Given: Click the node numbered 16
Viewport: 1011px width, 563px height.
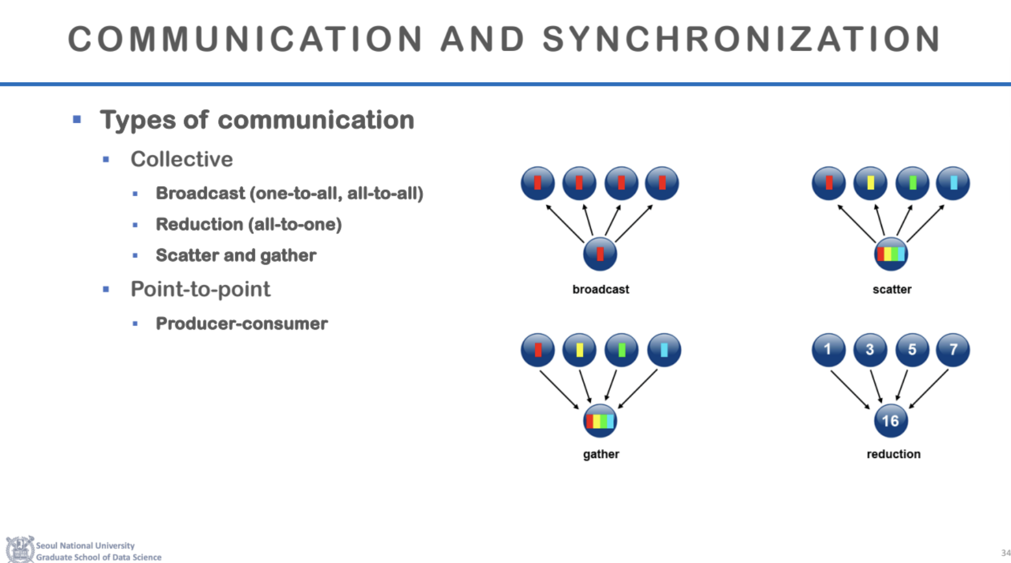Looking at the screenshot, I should click(x=890, y=420).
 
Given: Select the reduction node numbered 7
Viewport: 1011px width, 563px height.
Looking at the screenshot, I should click(x=953, y=350).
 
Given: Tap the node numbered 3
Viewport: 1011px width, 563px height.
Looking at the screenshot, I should click(x=870, y=350).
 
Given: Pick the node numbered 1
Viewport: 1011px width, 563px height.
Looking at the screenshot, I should click(x=828, y=350).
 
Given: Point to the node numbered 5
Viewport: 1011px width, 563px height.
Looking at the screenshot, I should click(x=912, y=350).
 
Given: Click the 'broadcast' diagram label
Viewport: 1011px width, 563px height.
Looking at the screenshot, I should click(x=601, y=289).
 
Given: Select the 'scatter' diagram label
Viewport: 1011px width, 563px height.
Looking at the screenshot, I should click(x=891, y=289).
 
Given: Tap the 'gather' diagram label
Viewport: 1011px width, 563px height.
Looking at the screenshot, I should click(x=601, y=454).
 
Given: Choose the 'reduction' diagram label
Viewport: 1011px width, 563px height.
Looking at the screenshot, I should click(x=893, y=454).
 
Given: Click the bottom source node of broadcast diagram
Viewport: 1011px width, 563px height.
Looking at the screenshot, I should click(x=600, y=254).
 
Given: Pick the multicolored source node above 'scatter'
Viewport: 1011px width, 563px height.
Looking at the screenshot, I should click(x=891, y=254).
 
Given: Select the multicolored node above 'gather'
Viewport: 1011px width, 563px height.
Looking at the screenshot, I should click(x=600, y=420).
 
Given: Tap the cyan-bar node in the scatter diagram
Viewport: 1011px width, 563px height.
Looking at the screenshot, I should click(x=953, y=183).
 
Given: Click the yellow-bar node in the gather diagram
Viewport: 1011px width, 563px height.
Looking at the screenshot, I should click(x=579, y=350).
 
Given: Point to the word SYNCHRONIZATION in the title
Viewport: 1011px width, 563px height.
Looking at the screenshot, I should click(x=741, y=39).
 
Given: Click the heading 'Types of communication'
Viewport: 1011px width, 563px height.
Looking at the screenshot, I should click(x=257, y=120).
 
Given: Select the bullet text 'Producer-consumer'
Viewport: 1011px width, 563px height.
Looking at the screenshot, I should click(x=242, y=323).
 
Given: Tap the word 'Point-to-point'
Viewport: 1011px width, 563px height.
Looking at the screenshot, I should click(x=201, y=289).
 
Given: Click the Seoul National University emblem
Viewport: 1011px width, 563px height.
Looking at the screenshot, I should click(x=20, y=550).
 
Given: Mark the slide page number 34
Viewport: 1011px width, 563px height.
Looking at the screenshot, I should click(x=1005, y=553).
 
